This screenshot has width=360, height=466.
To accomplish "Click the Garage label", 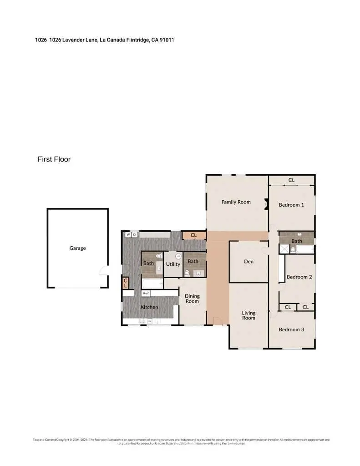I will (x=77, y=248).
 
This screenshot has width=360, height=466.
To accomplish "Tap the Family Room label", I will (x=236, y=202).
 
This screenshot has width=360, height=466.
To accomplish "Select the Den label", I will (x=248, y=262).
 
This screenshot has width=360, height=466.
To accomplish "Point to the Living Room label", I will (x=248, y=315).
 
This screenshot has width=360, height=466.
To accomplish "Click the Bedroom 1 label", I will (x=291, y=205).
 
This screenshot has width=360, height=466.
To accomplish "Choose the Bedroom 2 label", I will (x=299, y=277).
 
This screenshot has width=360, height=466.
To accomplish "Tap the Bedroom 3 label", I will (x=291, y=329).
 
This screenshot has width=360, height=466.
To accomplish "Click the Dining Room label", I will (x=192, y=299).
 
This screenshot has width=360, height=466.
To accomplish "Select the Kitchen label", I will (x=149, y=307).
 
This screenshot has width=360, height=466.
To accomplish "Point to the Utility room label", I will (x=173, y=264).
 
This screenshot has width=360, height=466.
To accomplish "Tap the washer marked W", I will (x=128, y=235).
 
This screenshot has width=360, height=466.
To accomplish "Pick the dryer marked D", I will (x=135, y=235).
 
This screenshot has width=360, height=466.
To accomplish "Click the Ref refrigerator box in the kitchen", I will (x=146, y=294).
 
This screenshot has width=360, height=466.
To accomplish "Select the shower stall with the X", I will (x=284, y=249).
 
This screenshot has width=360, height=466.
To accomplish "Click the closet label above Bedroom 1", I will (x=291, y=180).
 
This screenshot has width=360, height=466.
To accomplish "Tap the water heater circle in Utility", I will (x=178, y=256).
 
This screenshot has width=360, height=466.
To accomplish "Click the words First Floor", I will (x=54, y=159).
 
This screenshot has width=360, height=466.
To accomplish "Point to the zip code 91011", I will (x=167, y=40).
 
